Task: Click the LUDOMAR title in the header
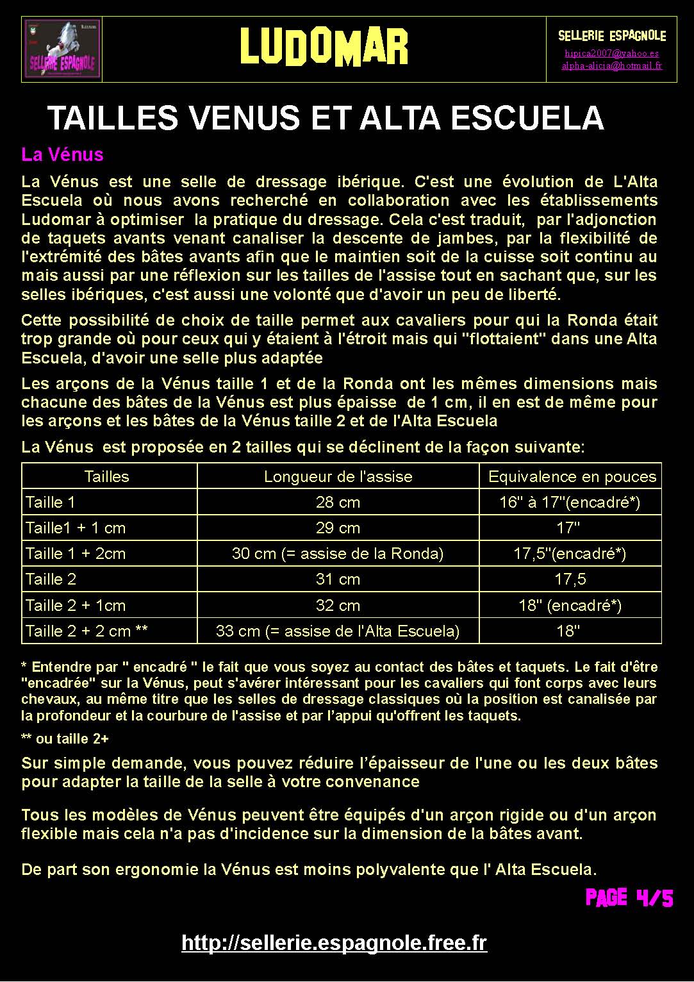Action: (324, 47)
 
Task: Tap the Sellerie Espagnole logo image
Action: (62, 49)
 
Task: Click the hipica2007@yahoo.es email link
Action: (611, 53)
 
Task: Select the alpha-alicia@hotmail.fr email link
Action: (611, 65)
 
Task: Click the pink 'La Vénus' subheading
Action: (62, 154)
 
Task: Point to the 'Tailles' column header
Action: (106, 476)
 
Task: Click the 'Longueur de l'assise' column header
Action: (338, 476)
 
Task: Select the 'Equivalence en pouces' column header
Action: (572, 476)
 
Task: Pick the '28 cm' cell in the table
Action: (338, 502)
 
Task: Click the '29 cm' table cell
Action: (338, 528)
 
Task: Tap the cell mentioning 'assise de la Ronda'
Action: (338, 553)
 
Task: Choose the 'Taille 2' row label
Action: (51, 579)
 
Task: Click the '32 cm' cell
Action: (338, 605)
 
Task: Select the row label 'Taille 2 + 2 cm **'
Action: (87, 631)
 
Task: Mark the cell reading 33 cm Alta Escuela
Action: (338, 631)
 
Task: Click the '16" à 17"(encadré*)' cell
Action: (570, 502)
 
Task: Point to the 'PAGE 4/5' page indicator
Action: (629, 897)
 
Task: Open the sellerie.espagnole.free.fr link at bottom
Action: (334, 943)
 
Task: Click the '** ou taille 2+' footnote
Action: (65, 738)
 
